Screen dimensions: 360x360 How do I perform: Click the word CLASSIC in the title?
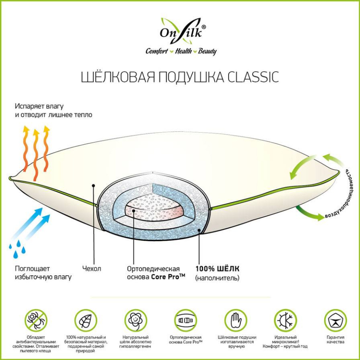click(253, 77)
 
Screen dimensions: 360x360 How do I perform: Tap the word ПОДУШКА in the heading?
click(190, 77)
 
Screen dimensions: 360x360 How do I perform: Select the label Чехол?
click(91, 269)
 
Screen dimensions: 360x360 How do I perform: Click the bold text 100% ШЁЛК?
click(217, 269)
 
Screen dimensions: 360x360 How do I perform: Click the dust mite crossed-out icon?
click(36, 320)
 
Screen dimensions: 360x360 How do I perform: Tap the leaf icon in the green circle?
click(86, 320)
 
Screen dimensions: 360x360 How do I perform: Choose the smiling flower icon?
click(136, 320)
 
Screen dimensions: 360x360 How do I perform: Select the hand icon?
click(236, 320)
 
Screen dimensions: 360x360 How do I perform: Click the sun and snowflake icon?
click(286, 320)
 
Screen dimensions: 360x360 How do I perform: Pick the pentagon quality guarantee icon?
click(335, 320)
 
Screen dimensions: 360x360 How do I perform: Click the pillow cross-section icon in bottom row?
click(185, 320)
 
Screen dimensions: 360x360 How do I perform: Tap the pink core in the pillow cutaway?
click(154, 208)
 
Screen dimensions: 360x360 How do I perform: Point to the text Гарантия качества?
click(335, 340)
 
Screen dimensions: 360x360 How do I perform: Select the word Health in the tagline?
click(184, 51)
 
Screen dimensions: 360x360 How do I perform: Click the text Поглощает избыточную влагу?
click(43, 273)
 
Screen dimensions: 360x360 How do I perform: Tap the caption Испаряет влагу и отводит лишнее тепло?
click(54, 111)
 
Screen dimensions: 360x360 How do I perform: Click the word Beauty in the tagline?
click(207, 51)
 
